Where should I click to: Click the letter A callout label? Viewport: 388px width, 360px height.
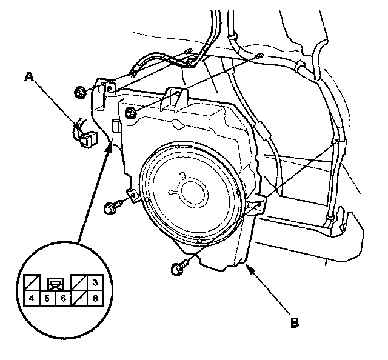tap(29, 76)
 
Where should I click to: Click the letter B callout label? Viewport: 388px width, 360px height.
tap(295, 322)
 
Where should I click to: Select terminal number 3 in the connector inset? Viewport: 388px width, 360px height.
tap(95, 282)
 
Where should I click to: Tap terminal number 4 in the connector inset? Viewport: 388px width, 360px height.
tap(32, 298)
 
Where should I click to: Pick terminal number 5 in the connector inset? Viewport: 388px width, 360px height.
tap(47, 299)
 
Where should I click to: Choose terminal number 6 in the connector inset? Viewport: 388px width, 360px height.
tap(63, 299)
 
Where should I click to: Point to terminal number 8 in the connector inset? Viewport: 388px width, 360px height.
tap(95, 299)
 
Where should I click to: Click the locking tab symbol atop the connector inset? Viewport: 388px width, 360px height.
tap(55, 284)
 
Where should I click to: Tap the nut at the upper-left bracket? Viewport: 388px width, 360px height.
tap(80, 92)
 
